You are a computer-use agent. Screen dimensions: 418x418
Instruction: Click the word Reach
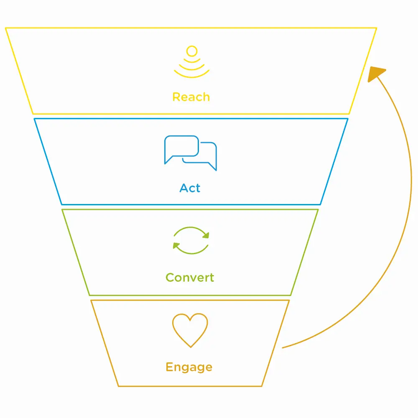click(x=191, y=97)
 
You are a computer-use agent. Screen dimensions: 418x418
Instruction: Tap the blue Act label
click(x=190, y=188)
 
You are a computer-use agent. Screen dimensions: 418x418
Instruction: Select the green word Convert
click(x=190, y=278)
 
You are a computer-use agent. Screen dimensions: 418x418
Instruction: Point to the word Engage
click(x=189, y=367)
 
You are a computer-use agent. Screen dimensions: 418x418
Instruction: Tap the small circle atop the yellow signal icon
click(x=191, y=51)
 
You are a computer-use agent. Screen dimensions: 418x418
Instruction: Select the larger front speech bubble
click(x=181, y=146)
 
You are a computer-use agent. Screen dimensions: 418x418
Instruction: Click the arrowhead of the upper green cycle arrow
click(x=205, y=235)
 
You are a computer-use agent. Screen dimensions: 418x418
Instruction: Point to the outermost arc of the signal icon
click(x=191, y=76)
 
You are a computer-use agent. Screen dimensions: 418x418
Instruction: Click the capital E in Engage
click(x=169, y=367)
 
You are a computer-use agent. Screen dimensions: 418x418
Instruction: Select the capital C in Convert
click(x=170, y=278)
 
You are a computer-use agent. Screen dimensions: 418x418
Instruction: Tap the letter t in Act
click(x=197, y=188)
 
